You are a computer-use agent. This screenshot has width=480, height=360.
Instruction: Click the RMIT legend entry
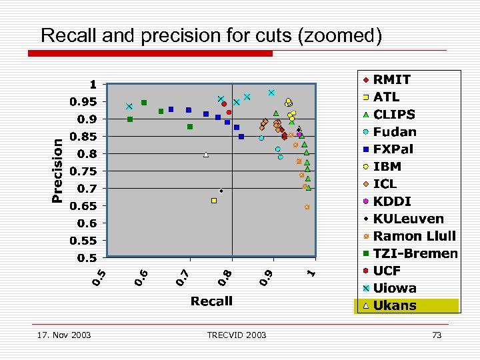point(392,79)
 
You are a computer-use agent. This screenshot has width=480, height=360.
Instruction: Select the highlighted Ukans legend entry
point(395,306)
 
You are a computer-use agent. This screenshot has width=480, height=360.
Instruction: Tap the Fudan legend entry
point(395,132)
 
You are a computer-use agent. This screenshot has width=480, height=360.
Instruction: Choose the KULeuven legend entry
point(408,219)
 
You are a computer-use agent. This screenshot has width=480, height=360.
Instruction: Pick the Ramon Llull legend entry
point(414,236)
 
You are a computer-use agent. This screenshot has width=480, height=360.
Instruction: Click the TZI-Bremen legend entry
point(415,253)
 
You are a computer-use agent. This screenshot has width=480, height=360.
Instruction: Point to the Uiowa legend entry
point(395,289)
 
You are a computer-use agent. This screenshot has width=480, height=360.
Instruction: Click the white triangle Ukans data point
point(206,155)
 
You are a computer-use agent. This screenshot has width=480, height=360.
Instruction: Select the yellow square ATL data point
point(214,200)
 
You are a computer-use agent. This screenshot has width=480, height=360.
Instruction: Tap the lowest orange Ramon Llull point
point(307,207)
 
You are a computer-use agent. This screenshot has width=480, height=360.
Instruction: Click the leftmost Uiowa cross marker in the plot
point(129,107)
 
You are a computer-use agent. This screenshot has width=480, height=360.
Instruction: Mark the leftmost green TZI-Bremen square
point(130,119)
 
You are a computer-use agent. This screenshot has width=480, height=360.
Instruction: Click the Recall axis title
point(211,301)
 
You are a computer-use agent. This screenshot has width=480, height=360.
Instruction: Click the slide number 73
point(437,335)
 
